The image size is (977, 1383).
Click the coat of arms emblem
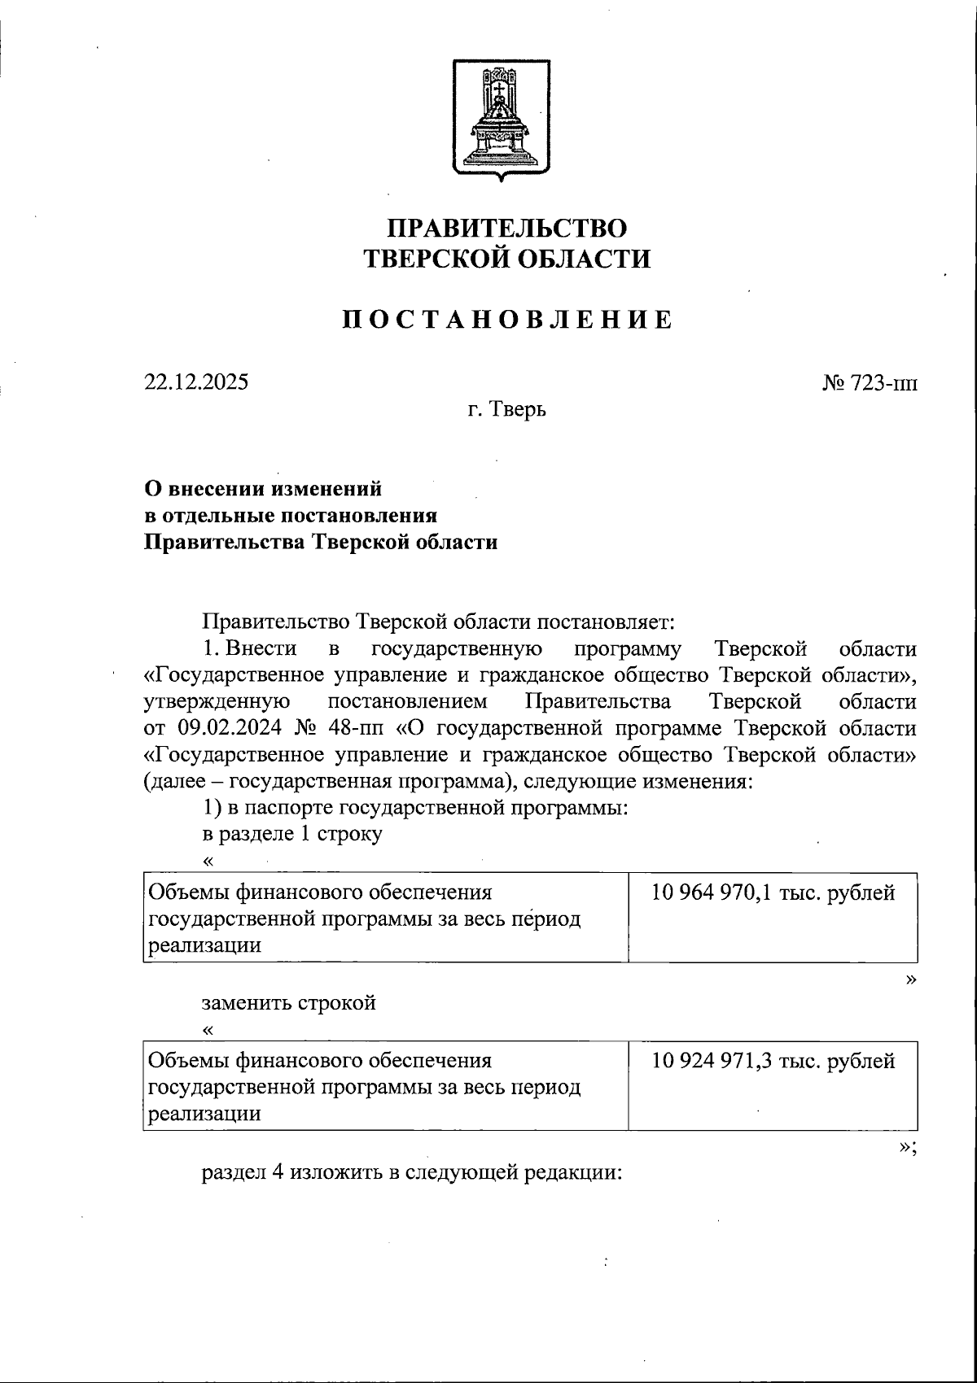500,116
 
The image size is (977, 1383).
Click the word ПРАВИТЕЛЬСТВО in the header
506,227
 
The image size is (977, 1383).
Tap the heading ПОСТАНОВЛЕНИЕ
506,320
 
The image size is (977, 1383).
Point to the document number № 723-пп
870,383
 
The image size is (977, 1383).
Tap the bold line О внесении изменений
262,489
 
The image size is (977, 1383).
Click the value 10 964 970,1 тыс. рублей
773,892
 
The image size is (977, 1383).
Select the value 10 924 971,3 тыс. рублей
773,1061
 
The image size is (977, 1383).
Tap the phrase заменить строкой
289,1001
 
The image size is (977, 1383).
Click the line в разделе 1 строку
291,835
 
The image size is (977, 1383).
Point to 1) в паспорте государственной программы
414,809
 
